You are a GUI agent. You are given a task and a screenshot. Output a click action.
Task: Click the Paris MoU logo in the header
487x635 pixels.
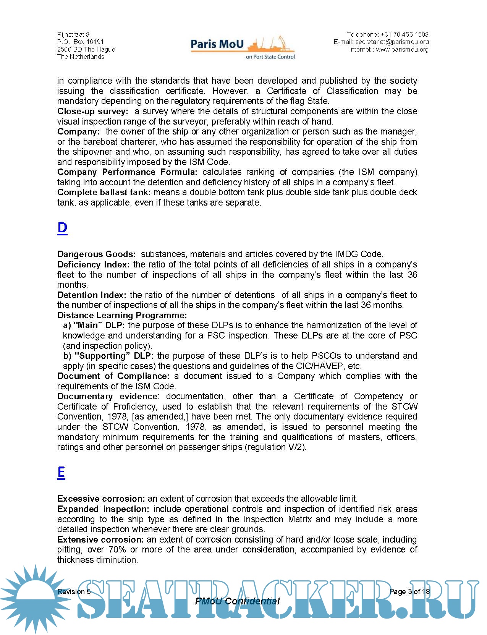[x=243, y=47]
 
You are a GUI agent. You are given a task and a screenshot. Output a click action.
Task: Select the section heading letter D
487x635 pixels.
[x=62, y=228]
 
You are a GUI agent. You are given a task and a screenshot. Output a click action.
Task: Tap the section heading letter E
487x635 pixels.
[x=61, y=472]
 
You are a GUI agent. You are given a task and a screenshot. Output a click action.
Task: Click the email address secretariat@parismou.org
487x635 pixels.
[x=392, y=42]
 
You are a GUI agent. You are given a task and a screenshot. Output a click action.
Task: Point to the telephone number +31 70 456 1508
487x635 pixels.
[x=404, y=34]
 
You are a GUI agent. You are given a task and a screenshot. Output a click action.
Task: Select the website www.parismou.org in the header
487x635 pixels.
[x=402, y=49]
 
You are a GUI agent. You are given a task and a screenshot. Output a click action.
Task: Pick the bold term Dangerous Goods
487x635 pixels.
[x=97, y=254]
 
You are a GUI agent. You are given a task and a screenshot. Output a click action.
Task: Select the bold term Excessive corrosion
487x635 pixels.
[x=101, y=499]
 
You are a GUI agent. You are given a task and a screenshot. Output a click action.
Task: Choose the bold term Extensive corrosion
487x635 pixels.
[x=101, y=539]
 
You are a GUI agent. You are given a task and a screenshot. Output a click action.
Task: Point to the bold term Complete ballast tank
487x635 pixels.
[x=104, y=192]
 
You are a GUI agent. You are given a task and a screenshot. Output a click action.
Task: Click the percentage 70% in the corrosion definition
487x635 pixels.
[x=118, y=549]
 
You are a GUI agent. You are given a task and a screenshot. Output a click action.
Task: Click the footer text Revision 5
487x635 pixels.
[x=74, y=591]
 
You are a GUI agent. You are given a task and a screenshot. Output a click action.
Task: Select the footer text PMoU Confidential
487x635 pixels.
[x=237, y=601]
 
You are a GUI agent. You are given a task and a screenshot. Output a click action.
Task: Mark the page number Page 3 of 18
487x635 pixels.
[x=409, y=591]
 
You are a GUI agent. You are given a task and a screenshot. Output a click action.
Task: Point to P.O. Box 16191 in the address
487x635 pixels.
[x=81, y=42]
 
